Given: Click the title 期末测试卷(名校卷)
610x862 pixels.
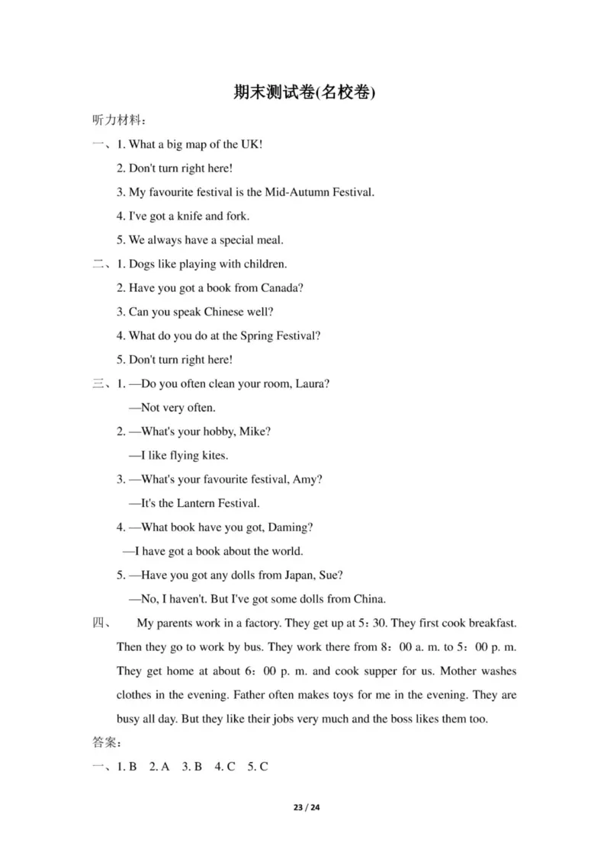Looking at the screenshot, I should point(305,93).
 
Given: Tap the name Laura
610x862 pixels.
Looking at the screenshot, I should point(315,384).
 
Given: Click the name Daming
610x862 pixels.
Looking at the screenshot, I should point(293,527).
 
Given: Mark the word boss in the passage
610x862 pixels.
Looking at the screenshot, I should point(407,719).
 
